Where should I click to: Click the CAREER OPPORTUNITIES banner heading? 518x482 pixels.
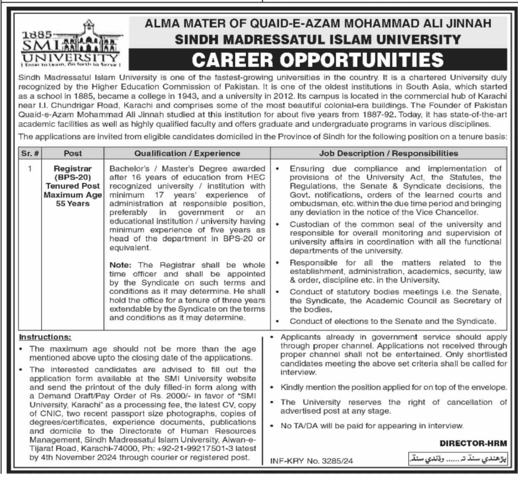click(x=318, y=60)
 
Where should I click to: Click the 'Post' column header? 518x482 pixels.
click(x=73, y=153)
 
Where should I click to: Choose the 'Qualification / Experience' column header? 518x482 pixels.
click(x=187, y=153)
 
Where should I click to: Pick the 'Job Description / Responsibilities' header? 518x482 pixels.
click(x=388, y=153)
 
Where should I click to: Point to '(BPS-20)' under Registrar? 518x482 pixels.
click(x=73, y=178)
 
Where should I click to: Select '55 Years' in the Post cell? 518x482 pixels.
click(x=73, y=204)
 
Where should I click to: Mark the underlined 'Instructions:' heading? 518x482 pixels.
click(x=45, y=336)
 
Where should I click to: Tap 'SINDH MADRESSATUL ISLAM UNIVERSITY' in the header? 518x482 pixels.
click(x=318, y=39)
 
